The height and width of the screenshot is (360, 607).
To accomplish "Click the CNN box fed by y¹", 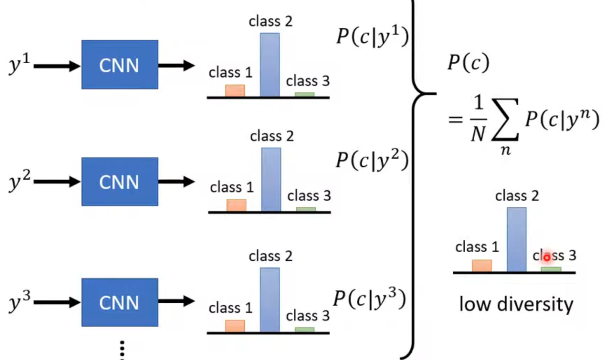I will click(120, 64).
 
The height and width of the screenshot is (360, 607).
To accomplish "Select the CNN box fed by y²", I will click(120, 182).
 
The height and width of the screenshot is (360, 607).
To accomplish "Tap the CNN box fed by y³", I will click(120, 302).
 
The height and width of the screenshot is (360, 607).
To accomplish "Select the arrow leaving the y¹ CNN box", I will click(176, 65).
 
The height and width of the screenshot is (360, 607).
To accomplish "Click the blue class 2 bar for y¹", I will click(270, 64).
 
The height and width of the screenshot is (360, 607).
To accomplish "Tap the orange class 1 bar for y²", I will click(236, 205).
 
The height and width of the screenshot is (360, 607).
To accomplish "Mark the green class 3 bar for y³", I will click(305, 329).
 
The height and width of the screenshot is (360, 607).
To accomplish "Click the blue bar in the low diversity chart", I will click(517, 239).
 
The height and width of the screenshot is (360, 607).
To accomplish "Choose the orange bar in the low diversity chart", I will click(482, 266).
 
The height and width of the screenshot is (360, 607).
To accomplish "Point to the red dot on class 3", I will click(547, 257).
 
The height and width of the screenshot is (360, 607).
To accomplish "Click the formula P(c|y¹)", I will click(372, 36).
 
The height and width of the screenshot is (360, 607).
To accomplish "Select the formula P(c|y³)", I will click(370, 299).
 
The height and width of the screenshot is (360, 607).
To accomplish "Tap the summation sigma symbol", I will click(505, 120).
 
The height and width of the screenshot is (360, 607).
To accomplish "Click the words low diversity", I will click(516, 304).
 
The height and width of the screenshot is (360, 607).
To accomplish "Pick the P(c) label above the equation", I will click(468, 63).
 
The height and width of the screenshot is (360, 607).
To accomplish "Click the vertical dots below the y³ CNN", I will click(122, 350).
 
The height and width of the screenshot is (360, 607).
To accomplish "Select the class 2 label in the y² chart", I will click(272, 136).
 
